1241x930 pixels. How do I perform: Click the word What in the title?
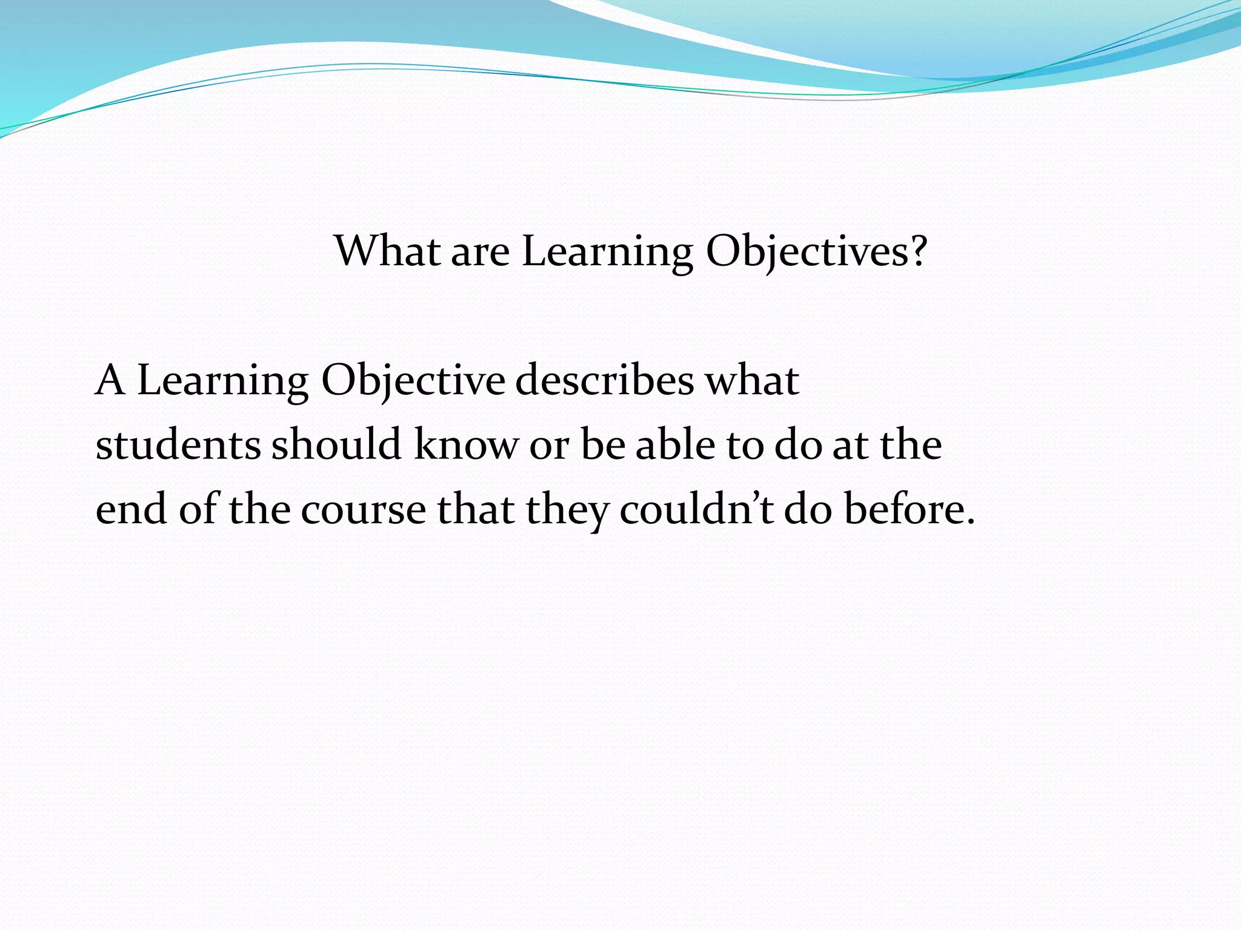[x=387, y=251]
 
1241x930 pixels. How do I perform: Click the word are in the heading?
[x=480, y=251]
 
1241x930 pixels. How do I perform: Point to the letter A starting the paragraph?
[x=110, y=380]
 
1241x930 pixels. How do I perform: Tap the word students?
[x=178, y=444]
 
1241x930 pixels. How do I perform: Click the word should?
[x=336, y=444]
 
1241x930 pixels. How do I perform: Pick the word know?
[x=465, y=444]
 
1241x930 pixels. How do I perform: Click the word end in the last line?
[x=131, y=509]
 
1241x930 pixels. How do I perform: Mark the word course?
[x=363, y=509]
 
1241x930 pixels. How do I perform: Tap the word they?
[x=567, y=509]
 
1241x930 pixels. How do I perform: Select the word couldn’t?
[x=696, y=509]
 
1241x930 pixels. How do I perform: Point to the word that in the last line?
[x=476, y=509]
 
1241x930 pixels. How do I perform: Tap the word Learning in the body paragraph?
[x=223, y=380]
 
